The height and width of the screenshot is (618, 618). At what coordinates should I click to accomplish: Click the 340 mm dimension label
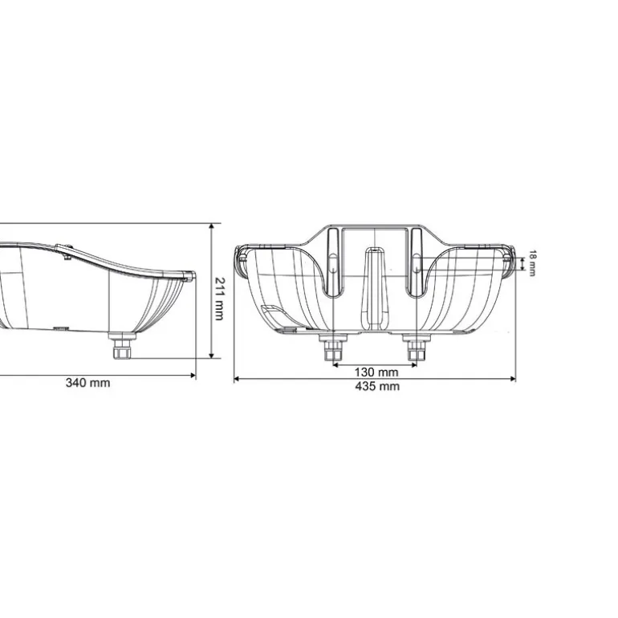point(88,383)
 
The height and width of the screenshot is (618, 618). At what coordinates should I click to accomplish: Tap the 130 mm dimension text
point(376,372)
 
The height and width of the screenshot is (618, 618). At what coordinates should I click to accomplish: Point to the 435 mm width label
point(376,386)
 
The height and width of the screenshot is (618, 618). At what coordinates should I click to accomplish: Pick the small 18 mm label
point(531,262)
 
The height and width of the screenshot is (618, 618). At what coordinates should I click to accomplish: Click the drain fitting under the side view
point(122,350)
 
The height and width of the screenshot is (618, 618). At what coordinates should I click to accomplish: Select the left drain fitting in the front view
point(333,350)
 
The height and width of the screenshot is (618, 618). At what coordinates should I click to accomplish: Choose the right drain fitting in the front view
point(415,350)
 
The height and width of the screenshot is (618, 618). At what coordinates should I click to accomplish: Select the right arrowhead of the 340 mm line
point(193,374)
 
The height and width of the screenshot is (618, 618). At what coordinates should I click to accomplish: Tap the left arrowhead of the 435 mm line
point(236,378)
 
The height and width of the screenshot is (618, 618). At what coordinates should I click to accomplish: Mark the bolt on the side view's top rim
point(66,250)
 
